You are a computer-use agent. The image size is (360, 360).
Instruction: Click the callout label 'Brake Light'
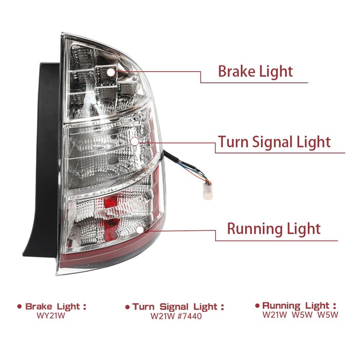(255, 72)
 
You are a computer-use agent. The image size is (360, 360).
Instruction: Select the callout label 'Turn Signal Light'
(274, 142)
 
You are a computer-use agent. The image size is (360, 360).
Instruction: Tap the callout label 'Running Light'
(274, 229)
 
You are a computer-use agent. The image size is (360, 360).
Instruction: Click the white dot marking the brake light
(110, 72)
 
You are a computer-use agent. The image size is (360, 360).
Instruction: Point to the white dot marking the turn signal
(134, 141)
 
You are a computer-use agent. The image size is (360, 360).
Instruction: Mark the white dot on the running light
(139, 229)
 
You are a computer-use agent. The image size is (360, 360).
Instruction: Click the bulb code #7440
(189, 316)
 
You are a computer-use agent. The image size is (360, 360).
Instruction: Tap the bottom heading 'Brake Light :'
(55, 306)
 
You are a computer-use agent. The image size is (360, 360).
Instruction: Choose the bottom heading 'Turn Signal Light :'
(178, 307)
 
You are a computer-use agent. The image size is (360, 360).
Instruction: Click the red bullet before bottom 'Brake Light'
(19, 306)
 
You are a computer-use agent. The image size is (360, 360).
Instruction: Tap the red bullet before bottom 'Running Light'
(257, 306)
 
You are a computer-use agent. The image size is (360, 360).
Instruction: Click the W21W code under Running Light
(274, 315)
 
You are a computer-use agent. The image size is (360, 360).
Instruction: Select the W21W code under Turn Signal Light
(162, 316)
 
